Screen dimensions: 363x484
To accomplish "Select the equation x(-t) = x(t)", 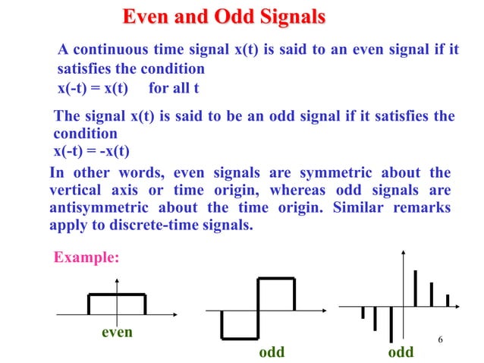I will pyautogui.click(x=93, y=87).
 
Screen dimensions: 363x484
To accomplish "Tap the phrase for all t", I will pyautogui.click(x=174, y=87).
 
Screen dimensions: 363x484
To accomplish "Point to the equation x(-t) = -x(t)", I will pyautogui.click(x=91, y=150).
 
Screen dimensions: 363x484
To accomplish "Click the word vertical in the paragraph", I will pyautogui.click(x=74, y=190).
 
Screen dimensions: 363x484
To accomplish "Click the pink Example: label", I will pyautogui.click(x=86, y=257).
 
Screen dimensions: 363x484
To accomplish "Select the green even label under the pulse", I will pyautogui.click(x=116, y=332).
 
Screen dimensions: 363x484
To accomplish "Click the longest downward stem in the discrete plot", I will pyautogui.click(x=390, y=324).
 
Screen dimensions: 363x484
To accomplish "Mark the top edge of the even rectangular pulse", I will pyautogui.click(x=117, y=295).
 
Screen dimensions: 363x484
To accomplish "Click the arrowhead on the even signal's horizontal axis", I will pyautogui.click(x=176, y=313).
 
